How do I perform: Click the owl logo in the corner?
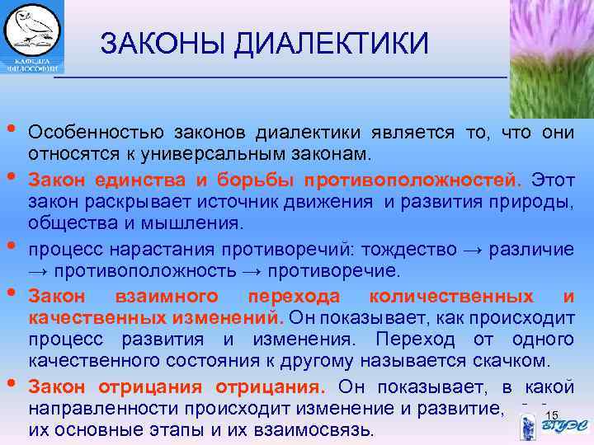[32, 29]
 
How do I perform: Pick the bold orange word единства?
[120, 179]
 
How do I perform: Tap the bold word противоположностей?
[412, 179]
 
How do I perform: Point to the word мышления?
[197, 223]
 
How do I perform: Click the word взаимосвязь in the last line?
[320, 429]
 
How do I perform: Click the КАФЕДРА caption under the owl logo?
[31, 61]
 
